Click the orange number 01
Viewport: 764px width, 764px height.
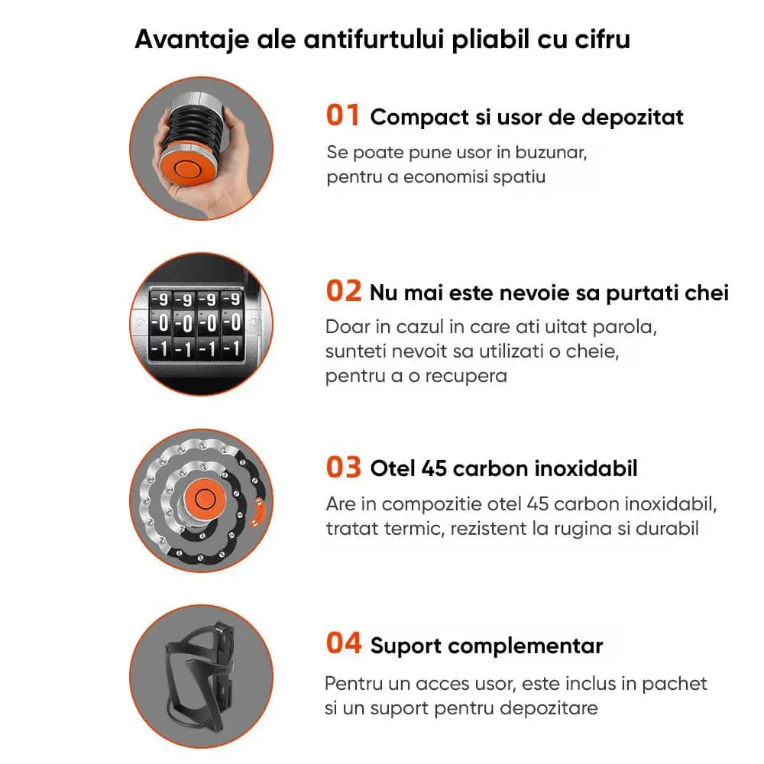click(343, 115)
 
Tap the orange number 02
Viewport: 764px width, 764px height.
click(344, 291)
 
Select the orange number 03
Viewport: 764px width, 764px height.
click(344, 467)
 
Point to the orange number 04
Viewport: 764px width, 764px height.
click(344, 643)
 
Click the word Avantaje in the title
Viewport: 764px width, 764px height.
click(192, 40)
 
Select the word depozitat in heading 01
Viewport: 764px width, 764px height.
click(633, 118)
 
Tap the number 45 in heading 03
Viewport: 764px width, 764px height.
click(434, 469)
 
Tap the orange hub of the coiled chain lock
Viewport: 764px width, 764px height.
click(205, 498)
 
